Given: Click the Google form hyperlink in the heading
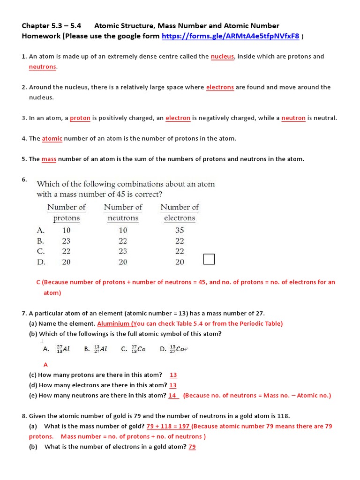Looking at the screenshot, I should [x=230, y=36].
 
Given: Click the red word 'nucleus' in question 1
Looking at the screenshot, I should [x=222, y=57].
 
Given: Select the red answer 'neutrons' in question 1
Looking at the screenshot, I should [x=42, y=67].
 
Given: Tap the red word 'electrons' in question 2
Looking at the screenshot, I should [x=220, y=87].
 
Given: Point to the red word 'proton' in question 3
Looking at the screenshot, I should [x=80, y=118].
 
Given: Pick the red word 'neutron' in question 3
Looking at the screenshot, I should [x=293, y=118].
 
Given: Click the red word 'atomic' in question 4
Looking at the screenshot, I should [x=52, y=139].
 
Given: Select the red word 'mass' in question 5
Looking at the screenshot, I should [x=49, y=159].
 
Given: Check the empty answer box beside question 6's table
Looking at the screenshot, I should [x=209, y=259].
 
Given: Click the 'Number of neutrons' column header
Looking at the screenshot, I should [x=123, y=212].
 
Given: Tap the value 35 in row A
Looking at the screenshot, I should [x=180, y=230].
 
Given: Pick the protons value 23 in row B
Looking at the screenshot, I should [x=66, y=241].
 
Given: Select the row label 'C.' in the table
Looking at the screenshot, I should [x=41, y=252].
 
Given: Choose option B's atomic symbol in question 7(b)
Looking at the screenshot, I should [x=100, y=349].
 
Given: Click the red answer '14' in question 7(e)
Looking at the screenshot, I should [x=173, y=396].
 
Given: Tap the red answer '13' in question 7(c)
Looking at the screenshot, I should [x=173, y=375].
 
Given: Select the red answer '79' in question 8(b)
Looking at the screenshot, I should [x=192, y=447].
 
